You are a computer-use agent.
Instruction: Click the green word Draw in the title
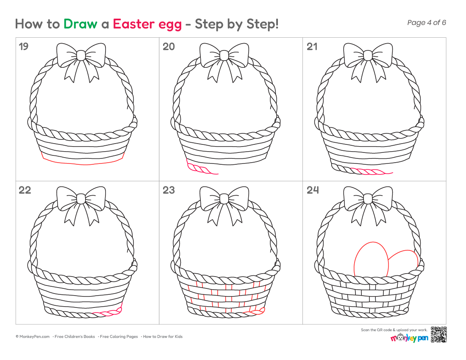pyautogui.click(x=80, y=24)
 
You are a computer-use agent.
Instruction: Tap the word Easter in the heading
pyautogui.click(x=134, y=24)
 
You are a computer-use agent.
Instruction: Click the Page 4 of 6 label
pyautogui.click(x=427, y=22)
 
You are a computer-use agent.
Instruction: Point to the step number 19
pyautogui.click(x=23, y=47)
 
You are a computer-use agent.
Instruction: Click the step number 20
pyautogui.click(x=169, y=47)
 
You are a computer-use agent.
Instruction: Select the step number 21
pyautogui.click(x=312, y=47)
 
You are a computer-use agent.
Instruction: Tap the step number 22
pyautogui.click(x=25, y=190)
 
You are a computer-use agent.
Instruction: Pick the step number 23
pyautogui.click(x=169, y=190)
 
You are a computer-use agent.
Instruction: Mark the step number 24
pyautogui.click(x=313, y=190)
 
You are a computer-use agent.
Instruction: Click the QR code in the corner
pyautogui.click(x=438, y=335)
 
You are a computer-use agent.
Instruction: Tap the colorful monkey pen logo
pyautogui.click(x=409, y=338)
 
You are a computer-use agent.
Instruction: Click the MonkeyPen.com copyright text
pyautogui.click(x=33, y=337)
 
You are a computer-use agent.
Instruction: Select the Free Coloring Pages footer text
pyautogui.click(x=119, y=337)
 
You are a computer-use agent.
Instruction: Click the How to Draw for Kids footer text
pyautogui.click(x=163, y=337)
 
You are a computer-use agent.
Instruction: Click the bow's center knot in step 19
pyautogui.click(x=81, y=55)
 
